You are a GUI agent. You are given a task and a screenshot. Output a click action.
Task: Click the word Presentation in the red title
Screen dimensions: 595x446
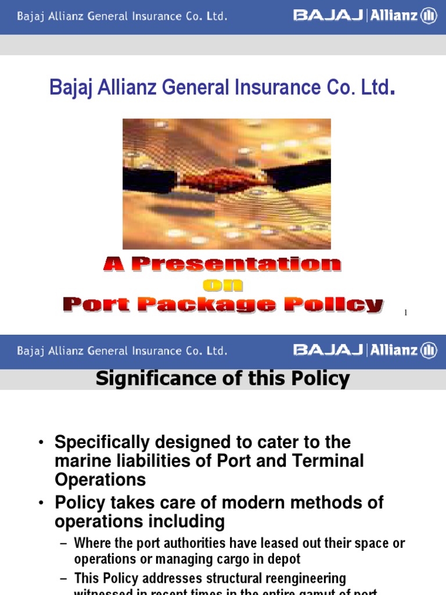237,265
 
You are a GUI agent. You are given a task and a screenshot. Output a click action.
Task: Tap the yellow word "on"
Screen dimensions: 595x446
223,285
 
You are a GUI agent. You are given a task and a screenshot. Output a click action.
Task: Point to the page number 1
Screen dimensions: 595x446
405,313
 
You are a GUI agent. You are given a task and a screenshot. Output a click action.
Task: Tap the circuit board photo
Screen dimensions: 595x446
226,184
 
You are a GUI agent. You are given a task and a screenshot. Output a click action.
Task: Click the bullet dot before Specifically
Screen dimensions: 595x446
41,443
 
